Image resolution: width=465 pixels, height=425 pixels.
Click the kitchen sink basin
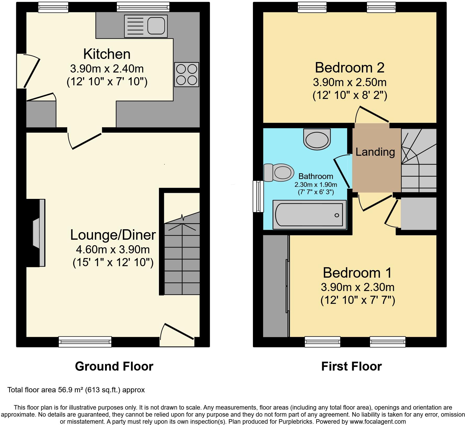pyautogui.click(x=156, y=26)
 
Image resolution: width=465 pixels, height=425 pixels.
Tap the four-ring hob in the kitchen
pyautogui.click(x=186, y=74)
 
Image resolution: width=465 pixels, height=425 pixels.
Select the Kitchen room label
pyautogui.click(x=107, y=54)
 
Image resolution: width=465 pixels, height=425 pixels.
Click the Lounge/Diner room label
pyautogui.click(x=113, y=235)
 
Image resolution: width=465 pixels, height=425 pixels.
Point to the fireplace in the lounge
pyautogui.click(x=39, y=233)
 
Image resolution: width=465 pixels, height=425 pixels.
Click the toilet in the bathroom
pyautogui.click(x=278, y=172)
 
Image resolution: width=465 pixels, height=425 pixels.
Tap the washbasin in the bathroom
pyautogui.click(x=317, y=139)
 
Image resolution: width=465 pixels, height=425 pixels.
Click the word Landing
pyautogui.click(x=375, y=152)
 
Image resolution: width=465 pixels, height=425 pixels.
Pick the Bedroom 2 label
pyautogui.click(x=350, y=68)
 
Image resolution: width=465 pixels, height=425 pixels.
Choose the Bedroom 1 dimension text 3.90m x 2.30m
pyautogui.click(x=357, y=287)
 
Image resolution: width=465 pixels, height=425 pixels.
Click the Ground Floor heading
pyautogui.click(x=114, y=366)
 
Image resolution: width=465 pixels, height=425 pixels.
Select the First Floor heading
pyautogui.click(x=351, y=366)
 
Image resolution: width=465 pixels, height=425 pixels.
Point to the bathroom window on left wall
pyautogui.click(x=258, y=196)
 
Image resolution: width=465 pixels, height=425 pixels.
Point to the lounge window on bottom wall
pyautogui.click(x=85, y=342)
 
